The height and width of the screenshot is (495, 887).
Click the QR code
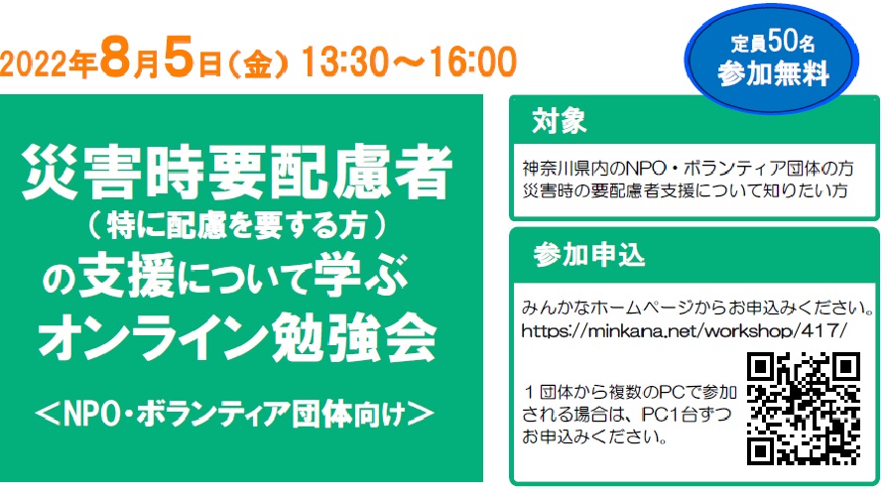tap(804, 409)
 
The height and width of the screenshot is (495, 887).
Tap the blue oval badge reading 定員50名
tap(772, 60)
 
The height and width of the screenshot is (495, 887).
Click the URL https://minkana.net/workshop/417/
tap(685, 329)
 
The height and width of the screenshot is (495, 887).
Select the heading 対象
tap(559, 121)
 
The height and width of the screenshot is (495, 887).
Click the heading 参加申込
tap(589, 255)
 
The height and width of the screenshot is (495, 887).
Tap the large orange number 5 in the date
tap(180, 57)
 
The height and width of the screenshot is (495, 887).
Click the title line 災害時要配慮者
tap(238, 172)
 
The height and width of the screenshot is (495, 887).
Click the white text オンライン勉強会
tap(237, 338)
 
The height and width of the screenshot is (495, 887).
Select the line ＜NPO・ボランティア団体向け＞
tap(234, 414)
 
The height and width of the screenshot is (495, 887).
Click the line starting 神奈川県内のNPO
tap(688, 168)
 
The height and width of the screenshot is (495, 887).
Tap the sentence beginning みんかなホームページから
tap(697, 308)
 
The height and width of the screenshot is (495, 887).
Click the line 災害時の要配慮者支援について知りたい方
tap(685, 190)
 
